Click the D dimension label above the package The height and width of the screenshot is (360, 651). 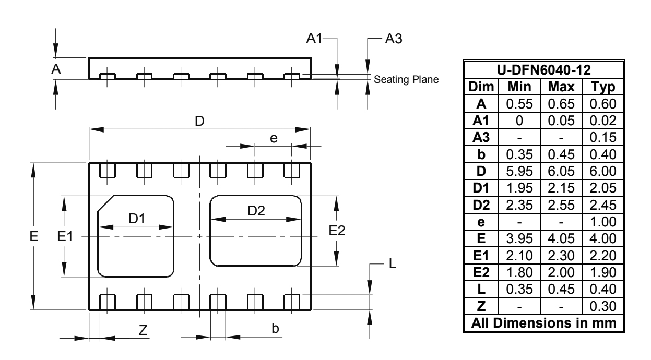(x=199, y=121)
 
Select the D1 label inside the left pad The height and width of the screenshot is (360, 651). (x=136, y=219)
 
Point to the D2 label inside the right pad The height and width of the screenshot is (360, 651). (x=256, y=211)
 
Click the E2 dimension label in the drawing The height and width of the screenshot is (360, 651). (x=338, y=231)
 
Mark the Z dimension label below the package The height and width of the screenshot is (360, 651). (x=144, y=329)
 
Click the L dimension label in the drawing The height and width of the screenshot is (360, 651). (x=394, y=265)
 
